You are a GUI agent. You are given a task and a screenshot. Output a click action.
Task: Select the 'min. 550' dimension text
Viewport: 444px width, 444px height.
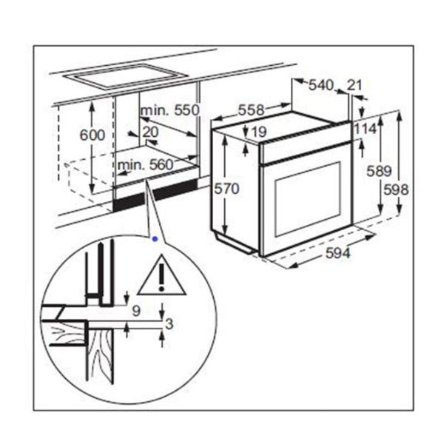pos(170,110)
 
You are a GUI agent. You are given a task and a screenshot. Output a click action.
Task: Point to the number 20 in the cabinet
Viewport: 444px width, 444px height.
pos(150,131)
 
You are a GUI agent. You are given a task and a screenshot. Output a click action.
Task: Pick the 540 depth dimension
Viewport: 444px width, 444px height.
pos(321,86)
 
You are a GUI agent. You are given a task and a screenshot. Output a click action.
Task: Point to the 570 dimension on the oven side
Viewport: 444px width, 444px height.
pos(227,189)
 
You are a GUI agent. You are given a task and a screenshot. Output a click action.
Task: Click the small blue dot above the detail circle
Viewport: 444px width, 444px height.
pos(154,239)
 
